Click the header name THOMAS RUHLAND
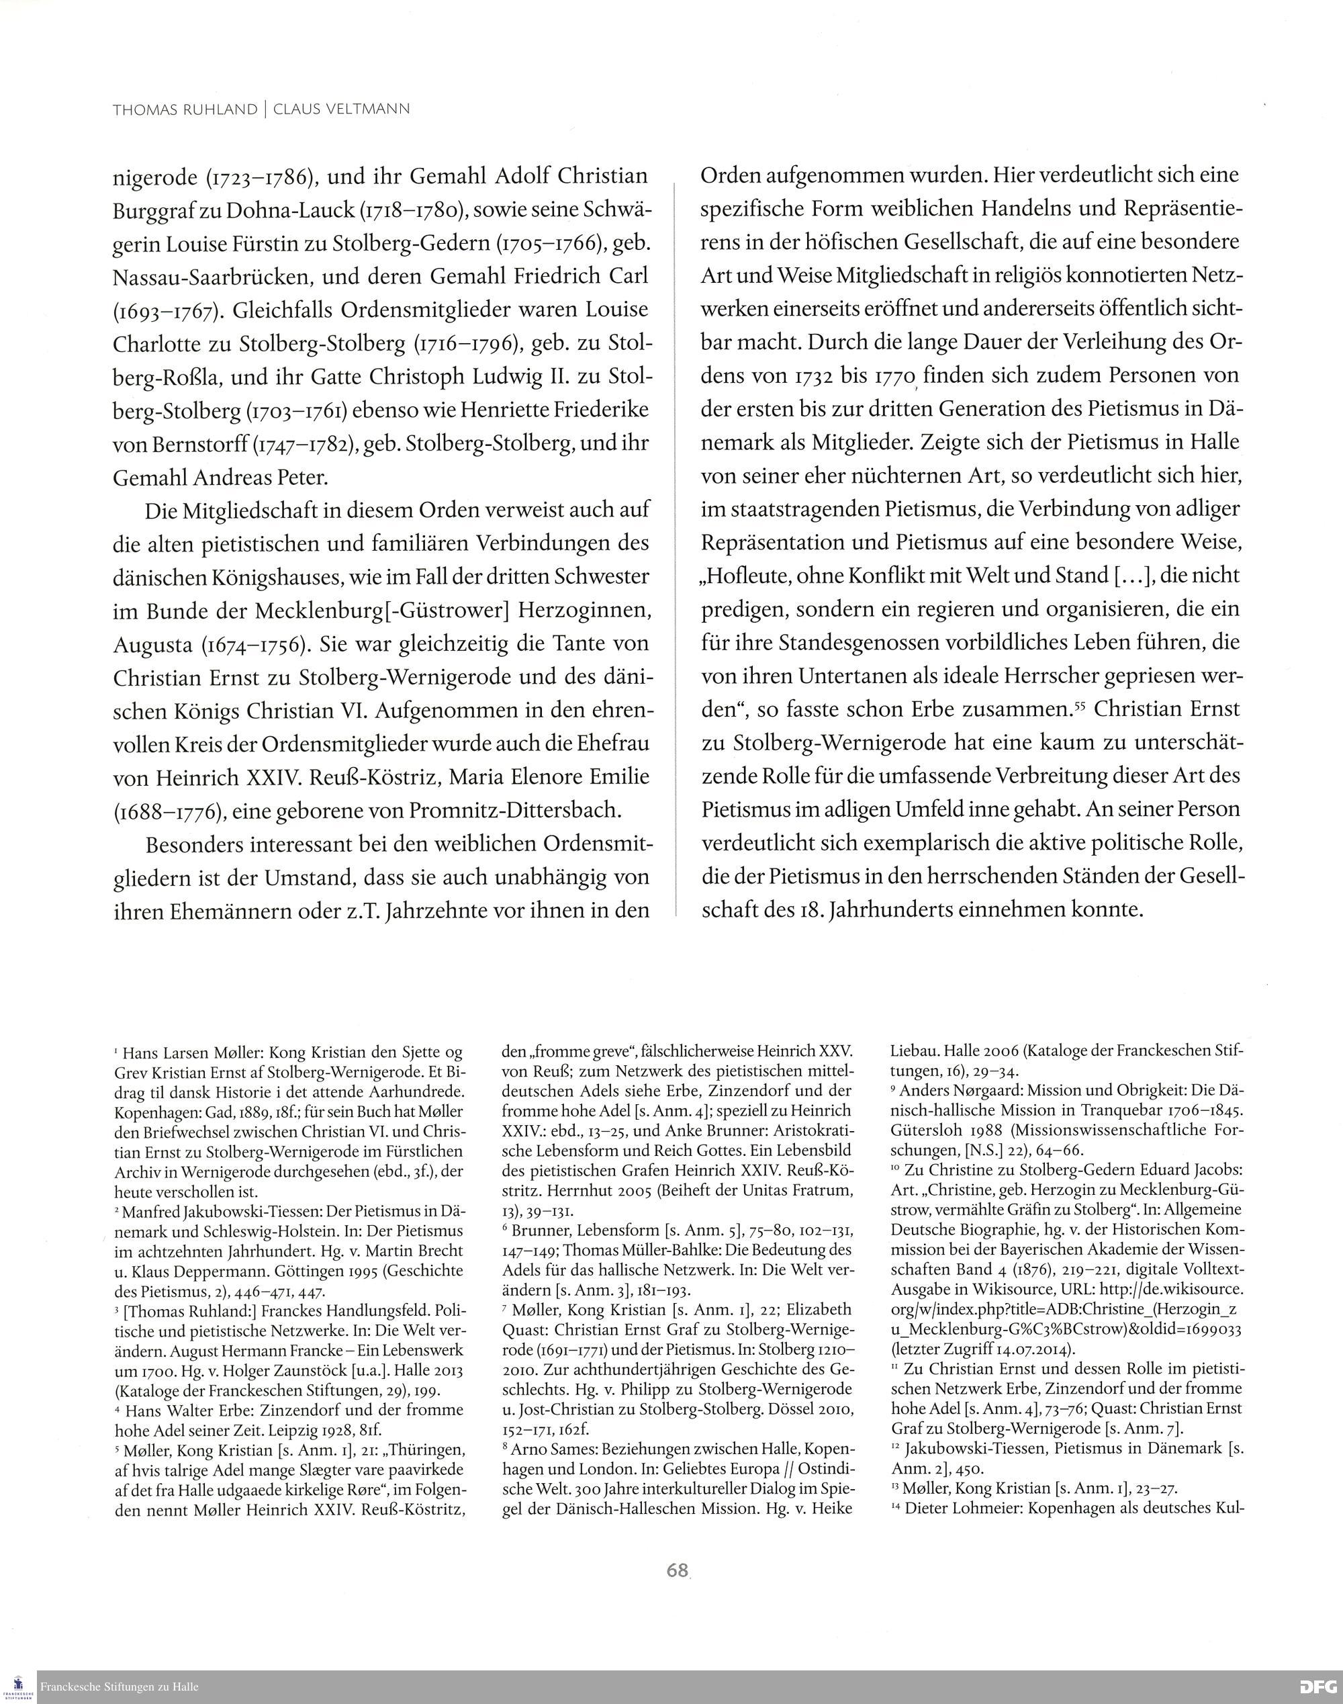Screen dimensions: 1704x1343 (x=185, y=109)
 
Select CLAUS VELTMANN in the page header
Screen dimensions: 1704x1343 (x=341, y=109)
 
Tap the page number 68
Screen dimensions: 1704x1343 (x=677, y=1570)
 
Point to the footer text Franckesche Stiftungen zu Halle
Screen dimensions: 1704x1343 (x=120, y=1687)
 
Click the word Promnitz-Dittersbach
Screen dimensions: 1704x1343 (x=507, y=811)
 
